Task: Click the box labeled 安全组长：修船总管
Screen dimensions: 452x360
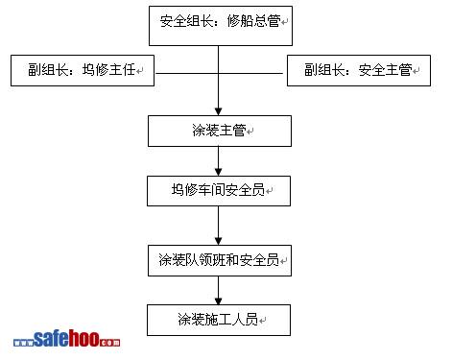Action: [221, 26]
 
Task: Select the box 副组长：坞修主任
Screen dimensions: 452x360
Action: [83, 70]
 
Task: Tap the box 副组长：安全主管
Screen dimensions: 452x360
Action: [359, 70]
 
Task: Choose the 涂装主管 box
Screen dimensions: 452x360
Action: [220, 131]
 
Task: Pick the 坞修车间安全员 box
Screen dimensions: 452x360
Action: [219, 191]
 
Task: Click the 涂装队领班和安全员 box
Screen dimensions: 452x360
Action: [220, 260]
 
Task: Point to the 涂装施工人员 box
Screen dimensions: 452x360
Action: [219, 320]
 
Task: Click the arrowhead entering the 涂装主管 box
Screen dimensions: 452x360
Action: [219, 111]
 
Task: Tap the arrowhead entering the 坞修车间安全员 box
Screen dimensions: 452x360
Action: [219, 172]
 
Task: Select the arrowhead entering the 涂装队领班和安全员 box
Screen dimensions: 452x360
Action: [219, 241]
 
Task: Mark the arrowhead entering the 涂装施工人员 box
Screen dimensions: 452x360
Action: [219, 300]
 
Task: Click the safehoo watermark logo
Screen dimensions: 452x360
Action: [66, 339]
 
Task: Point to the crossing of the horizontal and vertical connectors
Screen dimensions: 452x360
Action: [219, 73]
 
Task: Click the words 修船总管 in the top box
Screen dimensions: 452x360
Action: [254, 21]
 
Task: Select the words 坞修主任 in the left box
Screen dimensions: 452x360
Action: [109, 70]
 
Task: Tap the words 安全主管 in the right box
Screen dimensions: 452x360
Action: [385, 70]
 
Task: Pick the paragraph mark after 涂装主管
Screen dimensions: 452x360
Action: [250, 132]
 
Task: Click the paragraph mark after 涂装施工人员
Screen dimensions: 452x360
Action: [263, 321]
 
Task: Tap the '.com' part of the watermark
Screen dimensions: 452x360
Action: [109, 342]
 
